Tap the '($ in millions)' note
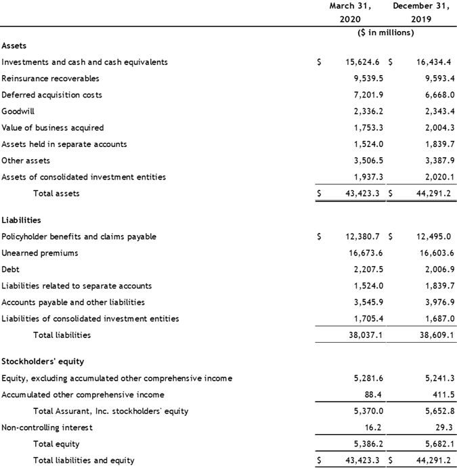[x=385, y=32]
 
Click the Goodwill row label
[x=17, y=111]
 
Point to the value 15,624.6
[x=364, y=62]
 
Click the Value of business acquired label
[x=53, y=127]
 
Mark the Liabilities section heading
[x=21, y=220]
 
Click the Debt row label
[x=10, y=270]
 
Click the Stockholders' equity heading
[x=43, y=362]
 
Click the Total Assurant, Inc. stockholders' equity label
[x=111, y=411]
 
